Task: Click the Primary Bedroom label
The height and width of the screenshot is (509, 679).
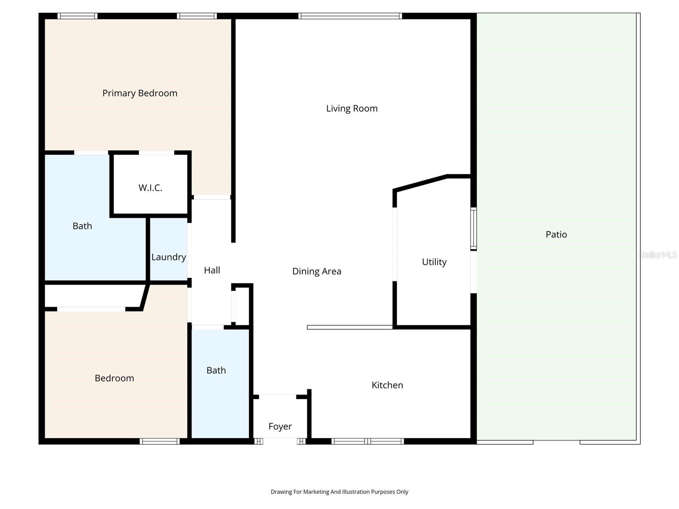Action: click(x=140, y=93)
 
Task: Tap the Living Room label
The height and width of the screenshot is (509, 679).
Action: click(x=352, y=109)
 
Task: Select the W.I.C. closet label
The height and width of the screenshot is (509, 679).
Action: click(x=150, y=188)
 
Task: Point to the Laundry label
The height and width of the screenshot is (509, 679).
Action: click(x=168, y=257)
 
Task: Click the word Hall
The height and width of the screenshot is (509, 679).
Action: click(x=212, y=270)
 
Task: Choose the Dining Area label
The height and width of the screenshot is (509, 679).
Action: click(x=317, y=271)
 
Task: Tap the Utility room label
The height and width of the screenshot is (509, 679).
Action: click(x=434, y=262)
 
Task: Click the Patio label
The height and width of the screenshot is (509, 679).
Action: click(x=556, y=235)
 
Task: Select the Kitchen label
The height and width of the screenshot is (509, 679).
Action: click(x=387, y=385)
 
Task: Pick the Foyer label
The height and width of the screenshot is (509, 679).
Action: click(x=280, y=427)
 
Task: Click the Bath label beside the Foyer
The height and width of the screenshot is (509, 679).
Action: click(x=216, y=371)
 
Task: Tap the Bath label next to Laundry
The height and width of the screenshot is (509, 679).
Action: click(x=82, y=226)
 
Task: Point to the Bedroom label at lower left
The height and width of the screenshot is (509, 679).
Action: click(x=114, y=378)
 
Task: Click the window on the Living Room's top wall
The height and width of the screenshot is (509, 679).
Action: click(x=350, y=16)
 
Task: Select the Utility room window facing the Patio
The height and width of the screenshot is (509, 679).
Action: click(x=473, y=229)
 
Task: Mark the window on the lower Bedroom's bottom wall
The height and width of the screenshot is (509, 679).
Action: click(x=160, y=442)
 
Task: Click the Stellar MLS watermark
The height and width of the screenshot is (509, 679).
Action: click(x=658, y=255)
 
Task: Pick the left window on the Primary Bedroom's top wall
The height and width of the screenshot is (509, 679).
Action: click(x=77, y=16)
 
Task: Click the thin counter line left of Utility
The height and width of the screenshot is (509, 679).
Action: click(x=350, y=327)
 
